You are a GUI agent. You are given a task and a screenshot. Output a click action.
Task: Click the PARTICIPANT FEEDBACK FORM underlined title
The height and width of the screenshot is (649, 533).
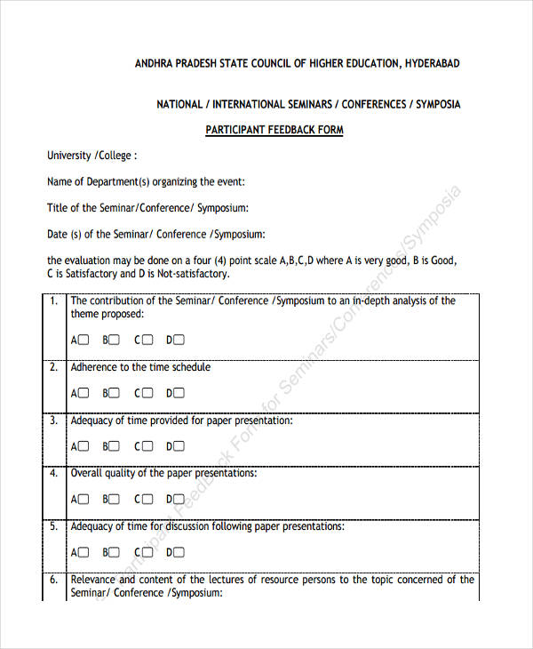274,130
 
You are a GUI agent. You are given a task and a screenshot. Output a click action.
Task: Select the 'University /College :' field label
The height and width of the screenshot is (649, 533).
91,156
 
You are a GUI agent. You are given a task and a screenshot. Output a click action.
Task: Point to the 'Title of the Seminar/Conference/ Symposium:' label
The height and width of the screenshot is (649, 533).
147,208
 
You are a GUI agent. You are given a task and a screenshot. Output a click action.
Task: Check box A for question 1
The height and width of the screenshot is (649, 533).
84,340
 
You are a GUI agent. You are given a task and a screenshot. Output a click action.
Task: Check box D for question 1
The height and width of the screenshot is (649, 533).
179,340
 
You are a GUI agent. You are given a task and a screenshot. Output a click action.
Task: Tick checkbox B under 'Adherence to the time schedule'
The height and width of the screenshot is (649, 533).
115,393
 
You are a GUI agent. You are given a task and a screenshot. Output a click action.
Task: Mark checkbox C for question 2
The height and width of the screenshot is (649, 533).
147,393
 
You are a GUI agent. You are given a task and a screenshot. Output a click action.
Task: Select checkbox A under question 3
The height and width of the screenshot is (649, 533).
84,446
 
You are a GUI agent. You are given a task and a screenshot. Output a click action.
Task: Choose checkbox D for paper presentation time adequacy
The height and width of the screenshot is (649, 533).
179,446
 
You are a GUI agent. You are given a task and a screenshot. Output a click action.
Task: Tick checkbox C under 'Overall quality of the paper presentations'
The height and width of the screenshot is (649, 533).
147,500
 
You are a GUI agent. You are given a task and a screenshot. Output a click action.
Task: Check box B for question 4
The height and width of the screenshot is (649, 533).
115,500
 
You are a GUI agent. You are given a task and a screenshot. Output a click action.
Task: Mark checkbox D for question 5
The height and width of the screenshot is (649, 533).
179,552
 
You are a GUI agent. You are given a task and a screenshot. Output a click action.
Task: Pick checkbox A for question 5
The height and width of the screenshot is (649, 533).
84,552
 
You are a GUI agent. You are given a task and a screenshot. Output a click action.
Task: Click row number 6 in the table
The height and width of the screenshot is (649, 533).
53,580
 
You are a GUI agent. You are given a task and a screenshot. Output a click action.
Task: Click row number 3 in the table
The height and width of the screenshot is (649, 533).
53,421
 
